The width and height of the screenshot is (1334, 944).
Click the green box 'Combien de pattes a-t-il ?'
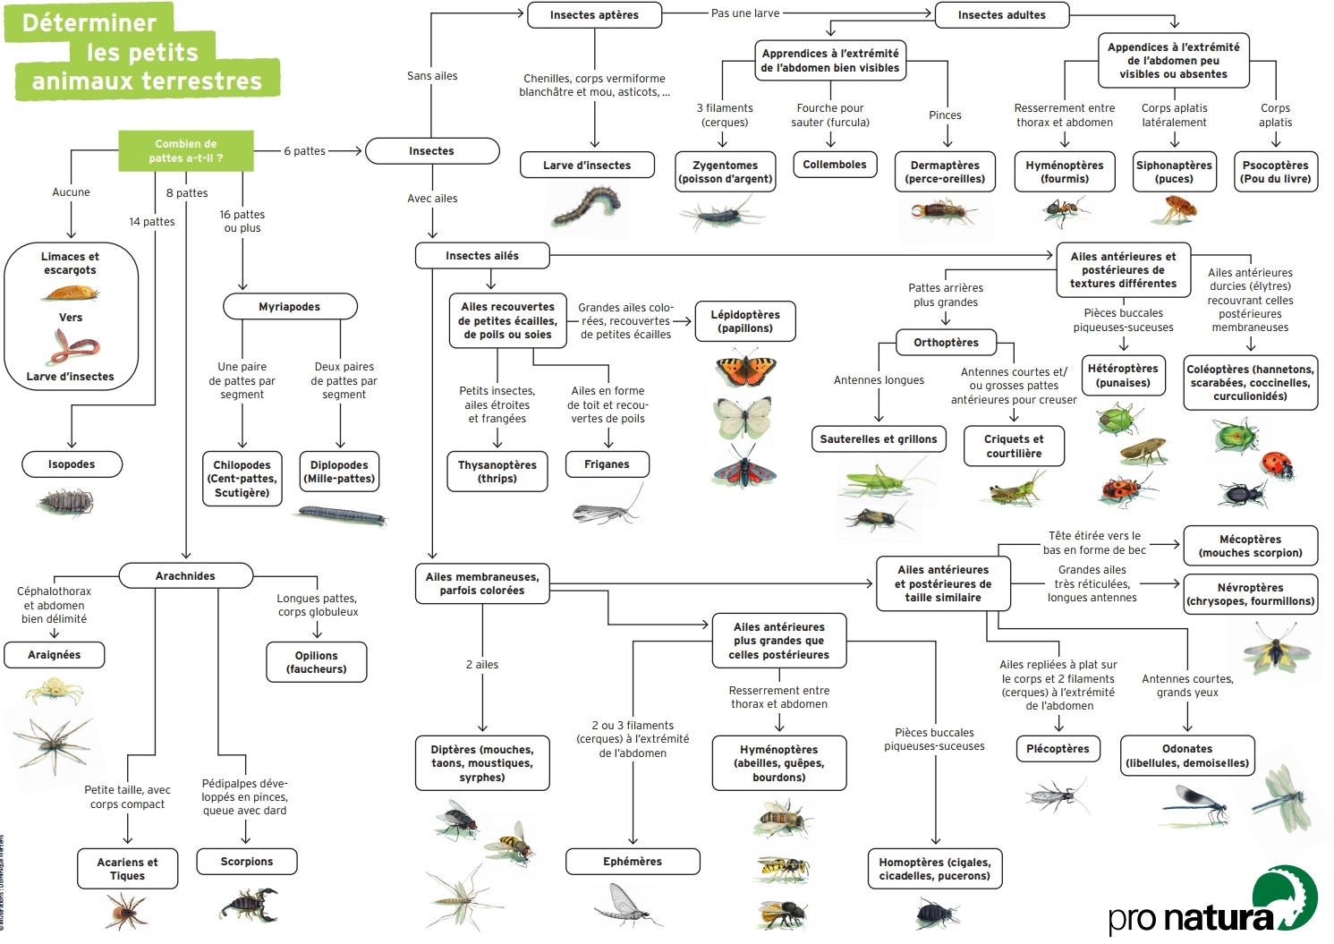coord(186,150)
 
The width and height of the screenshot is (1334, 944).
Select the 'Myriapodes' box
coord(289,307)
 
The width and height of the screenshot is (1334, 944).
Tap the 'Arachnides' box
coord(185,575)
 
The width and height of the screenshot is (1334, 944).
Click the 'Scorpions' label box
coord(246,862)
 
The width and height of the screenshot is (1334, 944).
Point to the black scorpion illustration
coord(249,904)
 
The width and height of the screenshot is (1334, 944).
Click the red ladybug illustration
coord(1277,463)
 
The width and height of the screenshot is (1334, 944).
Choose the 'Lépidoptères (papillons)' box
coord(744,321)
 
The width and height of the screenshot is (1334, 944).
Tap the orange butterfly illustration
coord(745,369)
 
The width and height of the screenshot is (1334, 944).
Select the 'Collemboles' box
coord(834,165)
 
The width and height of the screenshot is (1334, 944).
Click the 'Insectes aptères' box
coord(594,14)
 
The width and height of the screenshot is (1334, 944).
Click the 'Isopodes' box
coord(72,464)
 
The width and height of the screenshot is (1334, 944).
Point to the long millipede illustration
coord(342,515)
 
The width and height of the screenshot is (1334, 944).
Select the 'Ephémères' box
coord(632,862)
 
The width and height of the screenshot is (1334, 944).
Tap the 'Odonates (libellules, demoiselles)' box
coord(1187,756)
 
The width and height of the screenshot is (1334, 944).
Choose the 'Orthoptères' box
coord(946,343)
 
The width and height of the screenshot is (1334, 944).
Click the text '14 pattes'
coord(152,222)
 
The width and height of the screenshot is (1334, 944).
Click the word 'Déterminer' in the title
coord(89,22)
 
